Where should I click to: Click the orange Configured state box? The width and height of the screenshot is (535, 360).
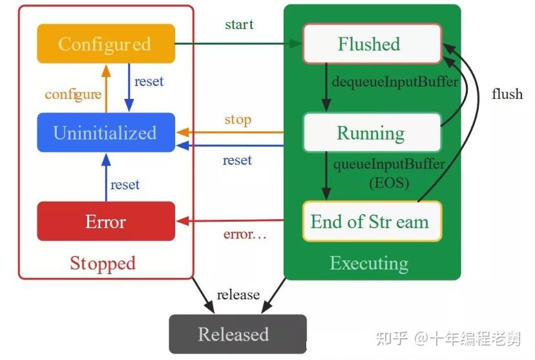(105, 44)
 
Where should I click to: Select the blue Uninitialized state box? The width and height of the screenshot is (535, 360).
(105, 132)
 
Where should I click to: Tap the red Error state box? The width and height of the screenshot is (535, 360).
(105, 222)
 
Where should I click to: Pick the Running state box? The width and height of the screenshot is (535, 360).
(371, 132)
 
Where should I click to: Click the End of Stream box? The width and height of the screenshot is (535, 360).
(371, 222)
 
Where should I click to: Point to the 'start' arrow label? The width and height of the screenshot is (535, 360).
(239, 25)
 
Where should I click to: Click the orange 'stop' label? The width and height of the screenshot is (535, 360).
(238, 120)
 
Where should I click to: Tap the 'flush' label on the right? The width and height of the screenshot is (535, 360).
(507, 94)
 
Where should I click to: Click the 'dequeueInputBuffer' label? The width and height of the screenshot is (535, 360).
(395, 82)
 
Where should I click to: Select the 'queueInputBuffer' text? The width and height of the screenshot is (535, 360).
(389, 164)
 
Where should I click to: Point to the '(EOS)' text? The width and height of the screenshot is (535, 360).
(389, 182)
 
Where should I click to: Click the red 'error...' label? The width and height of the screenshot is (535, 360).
(244, 234)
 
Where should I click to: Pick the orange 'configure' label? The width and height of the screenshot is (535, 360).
(73, 94)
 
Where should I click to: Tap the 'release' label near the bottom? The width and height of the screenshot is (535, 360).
(238, 295)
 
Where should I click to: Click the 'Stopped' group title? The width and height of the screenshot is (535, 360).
(103, 263)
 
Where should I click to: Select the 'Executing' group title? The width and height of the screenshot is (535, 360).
(369, 263)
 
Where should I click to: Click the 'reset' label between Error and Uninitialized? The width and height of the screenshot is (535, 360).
(125, 185)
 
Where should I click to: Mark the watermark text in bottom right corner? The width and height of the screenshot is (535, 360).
(457, 337)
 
